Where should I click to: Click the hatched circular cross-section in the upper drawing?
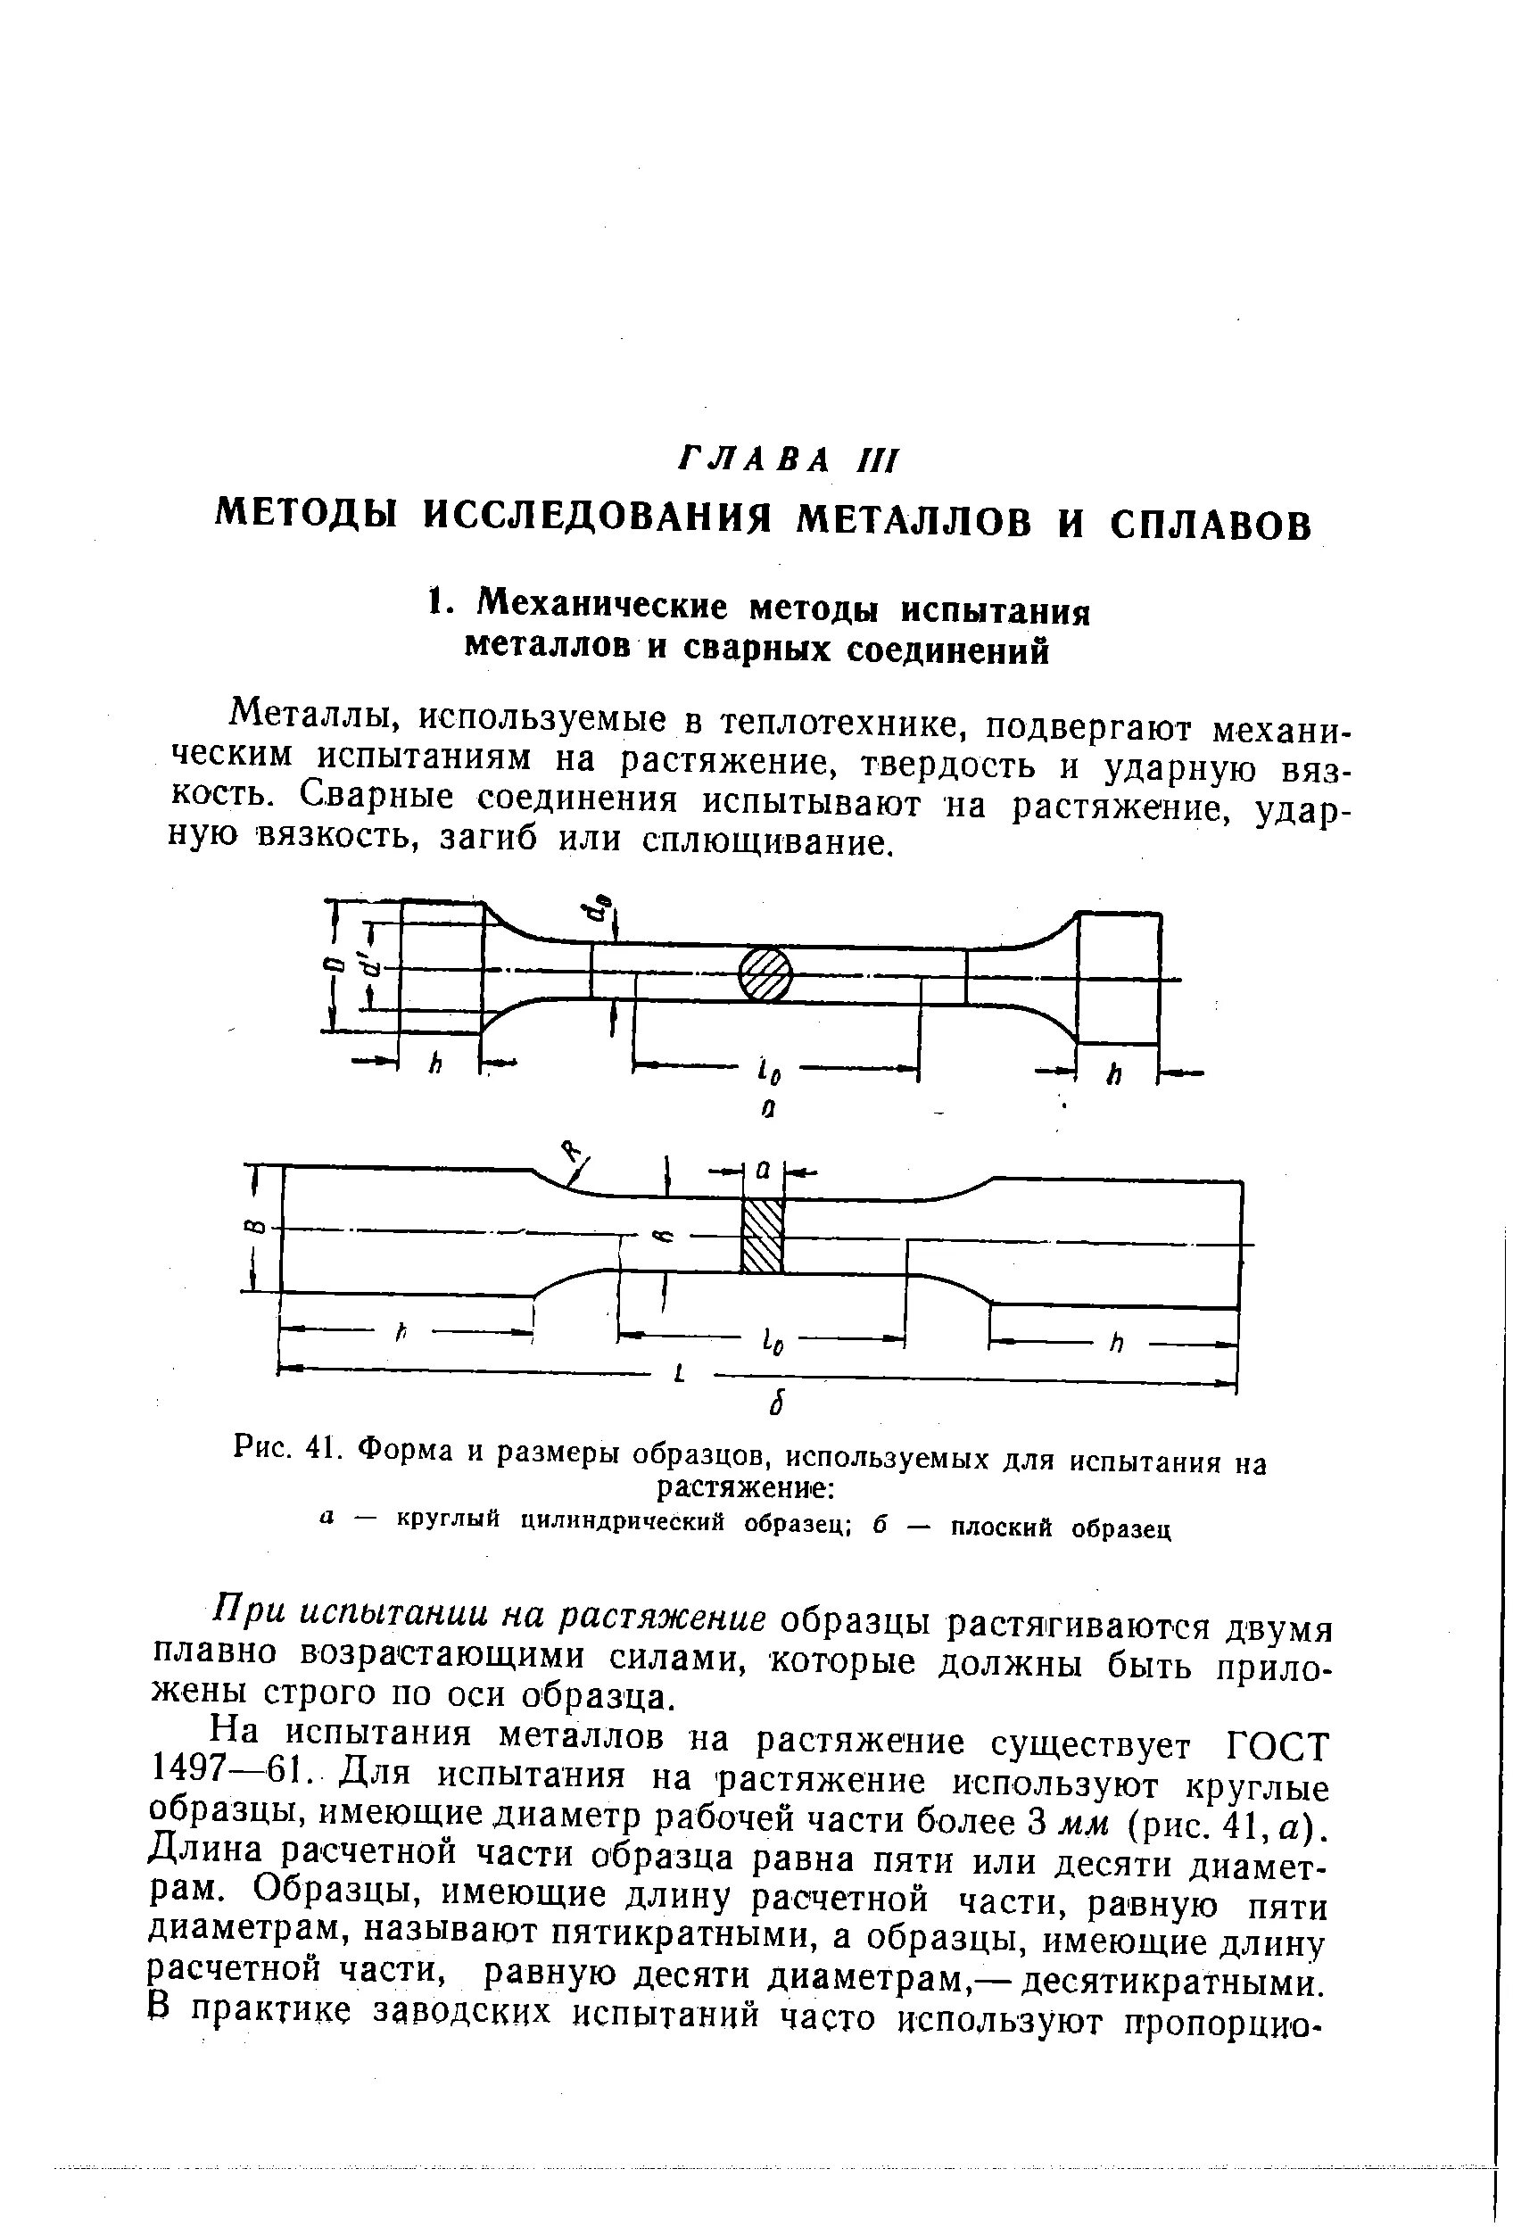[765, 974]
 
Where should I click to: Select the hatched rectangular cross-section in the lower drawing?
[764, 1234]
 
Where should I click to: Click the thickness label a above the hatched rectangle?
[764, 1170]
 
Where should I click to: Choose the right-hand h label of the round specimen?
[1113, 1075]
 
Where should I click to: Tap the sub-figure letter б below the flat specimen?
[778, 1406]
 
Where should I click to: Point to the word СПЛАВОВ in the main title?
[1211, 523]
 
